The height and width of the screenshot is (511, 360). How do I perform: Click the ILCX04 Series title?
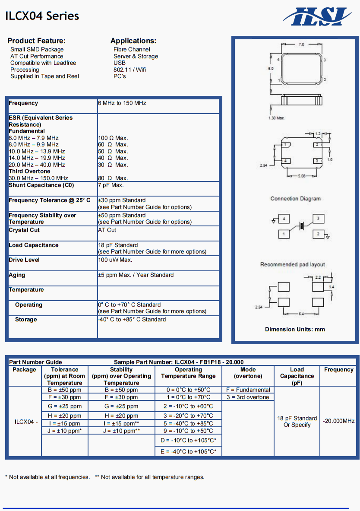42,16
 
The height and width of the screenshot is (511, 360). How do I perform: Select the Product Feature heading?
36,41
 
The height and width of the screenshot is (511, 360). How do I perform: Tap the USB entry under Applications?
120,63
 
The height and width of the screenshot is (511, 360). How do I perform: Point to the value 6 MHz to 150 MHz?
122,103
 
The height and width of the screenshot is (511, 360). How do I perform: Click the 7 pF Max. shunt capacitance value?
111,185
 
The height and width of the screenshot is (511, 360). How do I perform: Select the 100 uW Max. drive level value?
115,260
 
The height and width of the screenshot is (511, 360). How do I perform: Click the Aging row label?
17,275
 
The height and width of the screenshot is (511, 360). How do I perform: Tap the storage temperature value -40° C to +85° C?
132,320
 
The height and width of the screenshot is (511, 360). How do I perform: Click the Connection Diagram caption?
296,199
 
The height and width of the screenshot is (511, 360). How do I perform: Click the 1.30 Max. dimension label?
277,117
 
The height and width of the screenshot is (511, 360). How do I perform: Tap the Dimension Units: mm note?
295,329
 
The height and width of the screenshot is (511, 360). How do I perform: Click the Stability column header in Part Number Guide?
121,376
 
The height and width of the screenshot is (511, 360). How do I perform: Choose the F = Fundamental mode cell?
248,390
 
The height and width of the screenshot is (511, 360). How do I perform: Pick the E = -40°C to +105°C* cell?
188,451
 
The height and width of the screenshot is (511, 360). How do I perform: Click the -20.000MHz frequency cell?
339,421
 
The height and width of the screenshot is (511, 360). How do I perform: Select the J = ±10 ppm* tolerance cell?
65,431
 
